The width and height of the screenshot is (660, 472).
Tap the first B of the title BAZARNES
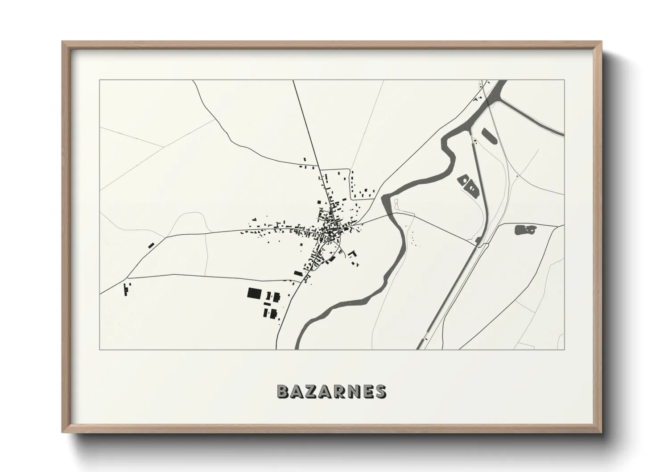[x=282, y=391]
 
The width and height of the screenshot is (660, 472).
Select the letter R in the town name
[x=339, y=391]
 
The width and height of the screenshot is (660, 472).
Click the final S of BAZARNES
[x=380, y=391]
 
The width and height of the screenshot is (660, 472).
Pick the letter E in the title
[x=367, y=391]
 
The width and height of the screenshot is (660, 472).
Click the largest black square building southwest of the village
[x=254, y=293]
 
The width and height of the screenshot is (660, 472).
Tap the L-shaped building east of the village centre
[x=352, y=254]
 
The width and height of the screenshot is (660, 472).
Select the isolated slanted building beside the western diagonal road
[x=151, y=245]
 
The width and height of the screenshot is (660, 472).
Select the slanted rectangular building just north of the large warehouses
[x=298, y=273]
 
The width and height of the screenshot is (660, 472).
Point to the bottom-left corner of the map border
[x=100, y=349]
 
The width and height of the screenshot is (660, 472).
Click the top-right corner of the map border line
[x=564, y=80]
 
